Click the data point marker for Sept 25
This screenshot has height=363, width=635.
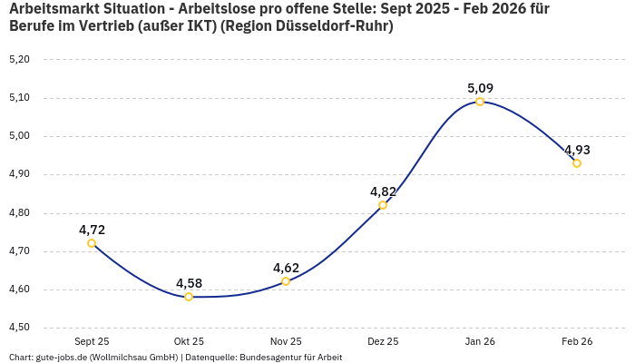pyautogui.click(x=92, y=243)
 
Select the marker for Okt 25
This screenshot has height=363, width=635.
pyautogui.click(x=189, y=297)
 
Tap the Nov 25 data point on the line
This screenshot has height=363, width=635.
pyautogui.click(x=286, y=281)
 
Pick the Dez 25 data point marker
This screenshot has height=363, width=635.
pyautogui.click(x=383, y=205)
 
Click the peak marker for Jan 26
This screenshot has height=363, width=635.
pyautogui.click(x=480, y=102)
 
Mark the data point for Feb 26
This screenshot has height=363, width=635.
pyautogui.click(x=577, y=163)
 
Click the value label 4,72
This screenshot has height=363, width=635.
pyautogui.click(x=92, y=230)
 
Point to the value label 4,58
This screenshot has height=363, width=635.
pyautogui.click(x=189, y=283)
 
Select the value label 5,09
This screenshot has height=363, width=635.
pyautogui.click(x=480, y=88)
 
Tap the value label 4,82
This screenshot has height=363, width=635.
pyautogui.click(x=383, y=191)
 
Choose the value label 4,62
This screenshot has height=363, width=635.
pyautogui.click(x=286, y=268)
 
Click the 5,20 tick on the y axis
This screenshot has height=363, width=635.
pyautogui.click(x=19, y=59)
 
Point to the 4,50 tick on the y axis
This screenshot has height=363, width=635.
pyautogui.click(x=19, y=328)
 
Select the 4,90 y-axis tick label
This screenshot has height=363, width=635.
pyautogui.click(x=19, y=174)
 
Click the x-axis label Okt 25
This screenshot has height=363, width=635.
pyautogui.click(x=189, y=341)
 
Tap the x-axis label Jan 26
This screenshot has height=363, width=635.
pyautogui.click(x=480, y=341)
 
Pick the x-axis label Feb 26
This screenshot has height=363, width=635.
pyautogui.click(x=577, y=341)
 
